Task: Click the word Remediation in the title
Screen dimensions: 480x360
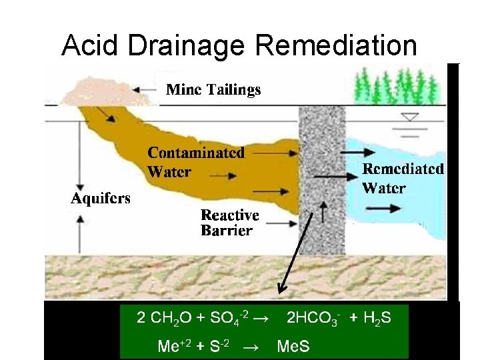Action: [336, 45]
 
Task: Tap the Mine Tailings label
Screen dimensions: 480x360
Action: [213, 89]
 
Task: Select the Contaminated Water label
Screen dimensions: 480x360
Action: [195, 162]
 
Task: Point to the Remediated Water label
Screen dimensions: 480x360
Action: [403, 178]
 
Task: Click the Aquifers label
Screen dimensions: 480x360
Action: [101, 199]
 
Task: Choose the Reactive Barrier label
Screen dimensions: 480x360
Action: [229, 223]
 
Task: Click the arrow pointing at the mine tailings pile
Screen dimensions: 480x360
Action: [146, 89]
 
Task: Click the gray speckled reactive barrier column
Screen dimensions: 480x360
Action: [323, 200]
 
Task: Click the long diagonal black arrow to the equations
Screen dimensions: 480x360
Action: [296, 253]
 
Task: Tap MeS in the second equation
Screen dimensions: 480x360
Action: [293, 346]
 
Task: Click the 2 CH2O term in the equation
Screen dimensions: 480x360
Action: [161, 319]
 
